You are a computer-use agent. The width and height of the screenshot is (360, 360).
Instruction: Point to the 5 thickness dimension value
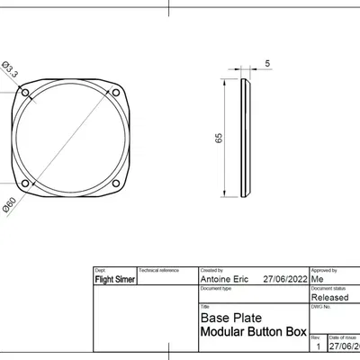267,64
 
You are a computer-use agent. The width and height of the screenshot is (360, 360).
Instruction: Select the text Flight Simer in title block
114,280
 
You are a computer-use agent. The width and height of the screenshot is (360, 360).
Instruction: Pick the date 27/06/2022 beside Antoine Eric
283,280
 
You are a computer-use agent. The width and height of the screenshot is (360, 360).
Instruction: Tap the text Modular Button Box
252,332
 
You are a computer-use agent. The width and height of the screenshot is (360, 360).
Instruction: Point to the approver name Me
317,280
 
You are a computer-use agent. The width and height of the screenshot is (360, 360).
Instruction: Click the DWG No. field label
321,306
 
